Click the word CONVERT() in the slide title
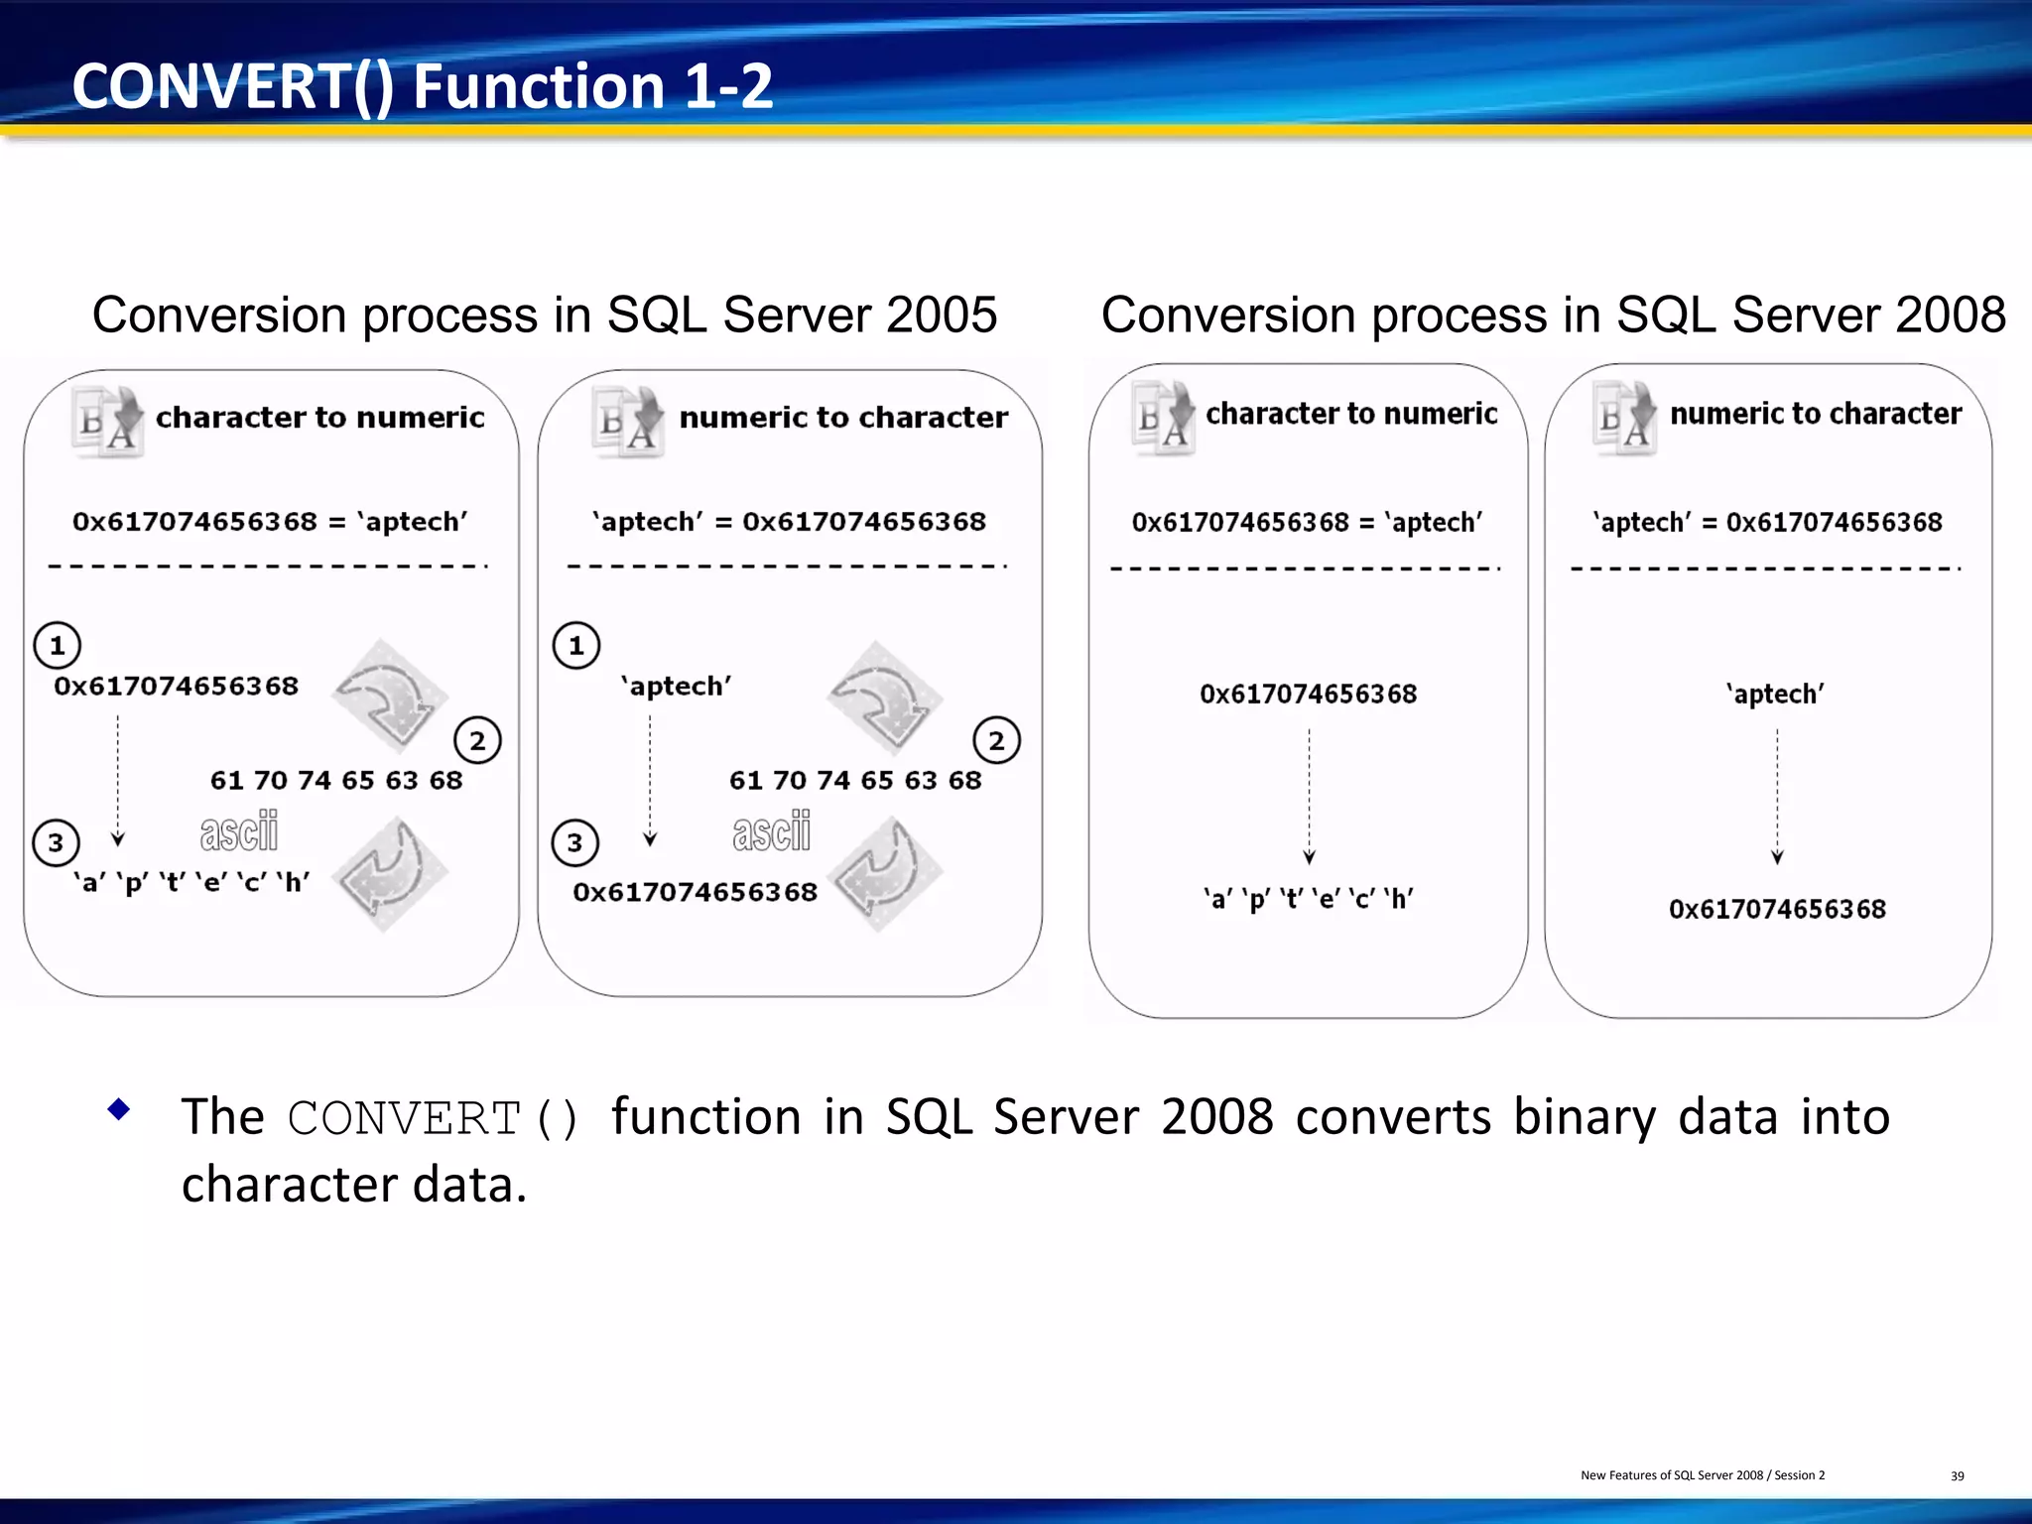coord(233,86)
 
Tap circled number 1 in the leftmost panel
coord(58,646)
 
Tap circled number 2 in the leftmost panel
coord(477,741)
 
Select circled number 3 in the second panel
coord(575,843)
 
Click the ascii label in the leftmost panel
coord(239,831)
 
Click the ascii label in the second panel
coord(772,831)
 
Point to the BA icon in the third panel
coord(1164,418)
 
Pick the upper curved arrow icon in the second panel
coord(883,697)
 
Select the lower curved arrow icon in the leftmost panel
coord(389,873)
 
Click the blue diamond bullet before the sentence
coord(119,1109)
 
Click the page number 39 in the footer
coord(1957,1476)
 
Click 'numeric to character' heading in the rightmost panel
coord(1815,414)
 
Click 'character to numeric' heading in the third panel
coord(1350,414)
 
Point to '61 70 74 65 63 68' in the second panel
coord(854,781)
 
